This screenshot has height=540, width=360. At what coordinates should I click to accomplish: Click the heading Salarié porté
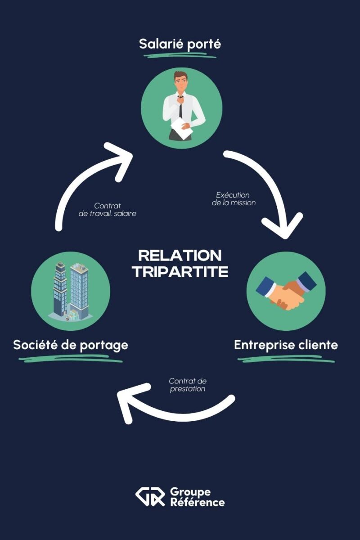(x=180, y=45)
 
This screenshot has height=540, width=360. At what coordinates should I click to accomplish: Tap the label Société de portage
(x=71, y=345)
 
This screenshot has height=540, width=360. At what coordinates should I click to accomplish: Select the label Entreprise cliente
(x=286, y=345)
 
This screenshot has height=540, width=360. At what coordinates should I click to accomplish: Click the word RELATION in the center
(x=180, y=256)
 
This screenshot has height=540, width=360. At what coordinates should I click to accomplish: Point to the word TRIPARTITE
(x=180, y=272)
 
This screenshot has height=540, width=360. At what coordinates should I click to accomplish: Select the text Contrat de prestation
(x=188, y=385)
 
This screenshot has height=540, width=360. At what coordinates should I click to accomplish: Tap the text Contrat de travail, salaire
(x=108, y=210)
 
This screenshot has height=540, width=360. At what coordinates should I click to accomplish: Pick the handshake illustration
(x=286, y=291)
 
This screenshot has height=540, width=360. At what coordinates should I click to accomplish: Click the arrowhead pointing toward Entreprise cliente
(x=283, y=225)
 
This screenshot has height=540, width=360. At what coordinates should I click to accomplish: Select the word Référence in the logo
(x=197, y=502)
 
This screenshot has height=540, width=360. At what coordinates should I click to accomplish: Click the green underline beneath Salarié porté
(x=180, y=56)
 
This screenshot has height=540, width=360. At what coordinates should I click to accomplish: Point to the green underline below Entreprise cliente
(x=286, y=359)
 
